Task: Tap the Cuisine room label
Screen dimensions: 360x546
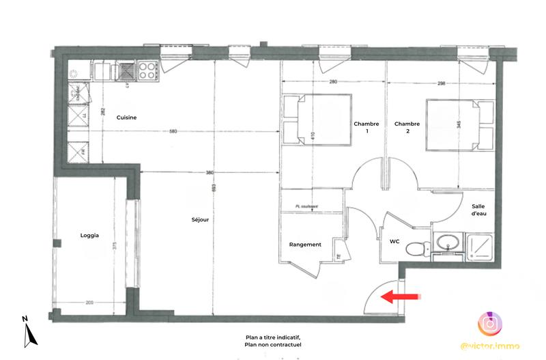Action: coord(126,117)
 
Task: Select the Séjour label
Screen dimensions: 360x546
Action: coord(200,220)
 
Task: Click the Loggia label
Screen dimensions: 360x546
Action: coord(89,236)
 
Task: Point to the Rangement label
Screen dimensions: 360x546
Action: coord(305,244)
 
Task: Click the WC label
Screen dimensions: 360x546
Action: coord(394,241)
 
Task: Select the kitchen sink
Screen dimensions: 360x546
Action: coord(128,69)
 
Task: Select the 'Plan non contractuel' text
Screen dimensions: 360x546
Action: coord(273,344)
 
